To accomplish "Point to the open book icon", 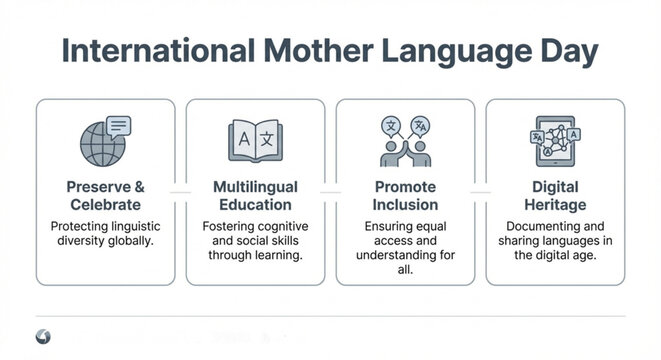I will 255,141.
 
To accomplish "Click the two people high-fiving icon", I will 405,141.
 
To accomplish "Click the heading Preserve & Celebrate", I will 105,196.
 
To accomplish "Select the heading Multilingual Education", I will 255,196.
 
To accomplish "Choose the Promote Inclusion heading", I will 405,196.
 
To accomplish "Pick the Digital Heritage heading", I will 556,196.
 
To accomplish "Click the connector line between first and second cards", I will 180,189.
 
